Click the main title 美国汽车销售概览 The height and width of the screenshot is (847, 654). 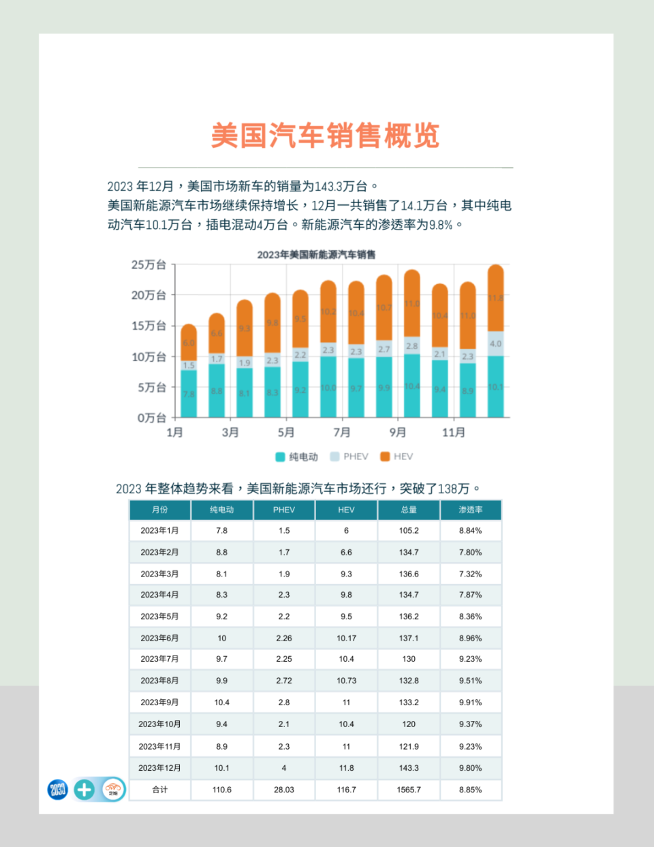click(x=325, y=136)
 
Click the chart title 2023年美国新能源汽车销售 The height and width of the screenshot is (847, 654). click(x=316, y=254)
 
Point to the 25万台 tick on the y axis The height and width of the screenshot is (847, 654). click(x=149, y=264)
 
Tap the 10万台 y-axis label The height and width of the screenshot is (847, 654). click(x=149, y=356)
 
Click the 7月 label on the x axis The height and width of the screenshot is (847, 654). click(x=342, y=432)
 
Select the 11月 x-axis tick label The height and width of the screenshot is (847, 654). click(x=454, y=432)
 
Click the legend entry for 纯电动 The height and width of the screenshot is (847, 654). click(x=297, y=457)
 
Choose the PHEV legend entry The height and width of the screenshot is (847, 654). click(x=349, y=457)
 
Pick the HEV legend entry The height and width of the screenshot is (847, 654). click(x=396, y=457)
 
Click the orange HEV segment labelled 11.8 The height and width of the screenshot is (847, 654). click(x=496, y=298)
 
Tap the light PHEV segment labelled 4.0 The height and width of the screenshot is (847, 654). click(x=496, y=343)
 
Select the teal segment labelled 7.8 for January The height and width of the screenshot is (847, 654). click(x=189, y=394)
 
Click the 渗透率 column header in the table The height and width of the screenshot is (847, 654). click(x=470, y=510)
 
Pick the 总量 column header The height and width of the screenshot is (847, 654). click(x=409, y=510)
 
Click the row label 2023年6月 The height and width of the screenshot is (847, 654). click(x=159, y=638)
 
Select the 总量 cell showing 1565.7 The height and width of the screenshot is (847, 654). click(x=409, y=790)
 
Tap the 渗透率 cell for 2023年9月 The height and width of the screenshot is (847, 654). click(x=470, y=702)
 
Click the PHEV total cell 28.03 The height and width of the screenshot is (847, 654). click(x=284, y=790)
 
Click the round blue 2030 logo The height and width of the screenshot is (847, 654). click(x=58, y=790)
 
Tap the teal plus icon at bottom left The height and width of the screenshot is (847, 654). click(x=84, y=790)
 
